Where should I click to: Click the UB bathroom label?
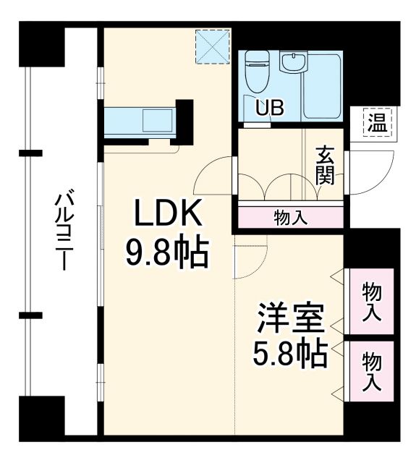(268, 107)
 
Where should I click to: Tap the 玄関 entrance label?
(325, 166)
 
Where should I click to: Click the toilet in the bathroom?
(256, 72)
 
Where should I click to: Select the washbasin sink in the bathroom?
(292, 64)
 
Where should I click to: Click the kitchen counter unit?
(141, 121)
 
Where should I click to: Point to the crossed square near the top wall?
(213, 46)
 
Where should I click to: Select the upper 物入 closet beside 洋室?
(370, 301)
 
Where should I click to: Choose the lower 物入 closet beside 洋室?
(370, 370)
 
